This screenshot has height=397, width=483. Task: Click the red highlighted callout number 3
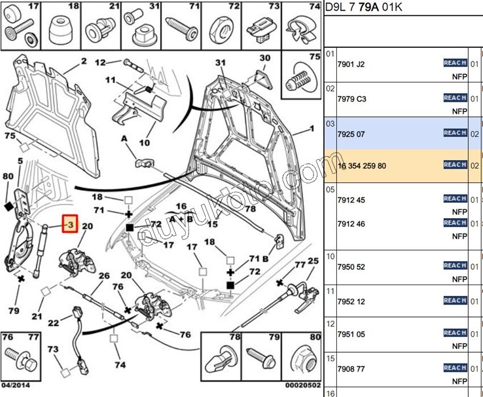(x=69, y=225)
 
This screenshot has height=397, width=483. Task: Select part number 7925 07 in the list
(x=351, y=134)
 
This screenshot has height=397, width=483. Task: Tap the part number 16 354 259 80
(x=361, y=166)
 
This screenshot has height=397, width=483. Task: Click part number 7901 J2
(x=351, y=64)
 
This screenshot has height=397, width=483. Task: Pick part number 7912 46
(x=351, y=224)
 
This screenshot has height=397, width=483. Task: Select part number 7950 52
(x=351, y=267)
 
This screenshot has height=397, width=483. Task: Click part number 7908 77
(x=351, y=369)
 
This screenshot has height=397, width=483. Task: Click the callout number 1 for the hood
(x=311, y=129)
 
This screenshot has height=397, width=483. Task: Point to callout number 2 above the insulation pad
(x=84, y=61)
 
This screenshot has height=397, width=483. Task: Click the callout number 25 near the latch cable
(x=313, y=261)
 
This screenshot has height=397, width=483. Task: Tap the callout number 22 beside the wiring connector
(x=53, y=323)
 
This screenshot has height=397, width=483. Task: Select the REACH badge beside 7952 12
(x=455, y=300)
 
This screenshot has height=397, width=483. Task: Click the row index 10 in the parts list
(x=330, y=256)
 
